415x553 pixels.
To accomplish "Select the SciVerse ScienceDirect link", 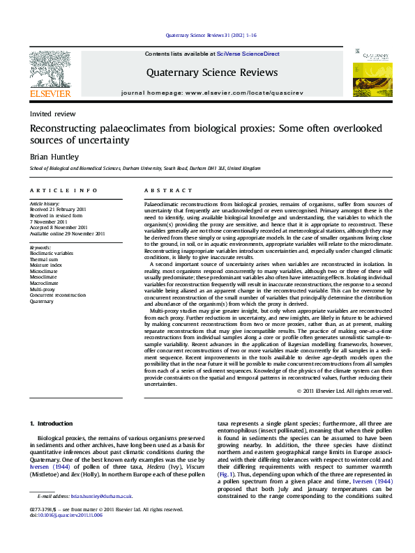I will tap(248, 54).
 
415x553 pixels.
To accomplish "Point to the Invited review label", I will tap(52, 114).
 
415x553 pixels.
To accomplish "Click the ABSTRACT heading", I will tap(168, 190).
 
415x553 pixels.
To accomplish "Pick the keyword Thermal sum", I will tap(44, 259).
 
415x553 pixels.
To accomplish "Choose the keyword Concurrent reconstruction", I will tap(57, 295).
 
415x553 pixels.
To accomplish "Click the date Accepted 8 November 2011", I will tap(58, 227).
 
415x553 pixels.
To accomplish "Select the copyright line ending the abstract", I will tap(344, 391).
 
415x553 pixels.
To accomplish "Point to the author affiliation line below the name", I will tap(144, 169).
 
